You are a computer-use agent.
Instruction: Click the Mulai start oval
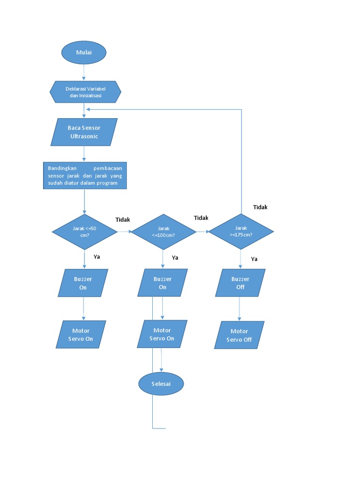84,52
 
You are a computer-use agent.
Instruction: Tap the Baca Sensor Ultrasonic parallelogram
84,132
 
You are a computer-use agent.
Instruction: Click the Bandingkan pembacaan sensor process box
85,176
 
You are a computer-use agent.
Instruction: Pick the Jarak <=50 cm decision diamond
84,232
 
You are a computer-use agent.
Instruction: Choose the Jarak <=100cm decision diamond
163,232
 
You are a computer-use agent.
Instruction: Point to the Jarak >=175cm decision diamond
241,232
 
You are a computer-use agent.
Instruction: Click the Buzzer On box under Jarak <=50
83,283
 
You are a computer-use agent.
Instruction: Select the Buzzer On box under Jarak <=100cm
163,283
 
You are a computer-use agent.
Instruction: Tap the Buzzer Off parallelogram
240,283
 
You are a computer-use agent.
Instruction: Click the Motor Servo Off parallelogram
240,335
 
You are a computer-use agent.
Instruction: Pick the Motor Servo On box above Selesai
162,334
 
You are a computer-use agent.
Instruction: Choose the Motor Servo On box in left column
83,335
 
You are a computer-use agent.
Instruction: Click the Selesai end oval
161,384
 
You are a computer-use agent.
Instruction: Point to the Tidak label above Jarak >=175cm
260,207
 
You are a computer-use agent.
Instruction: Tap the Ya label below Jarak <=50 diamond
97,256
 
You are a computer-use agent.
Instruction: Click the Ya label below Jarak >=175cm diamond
254,259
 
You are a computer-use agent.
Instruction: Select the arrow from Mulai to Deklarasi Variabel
84,73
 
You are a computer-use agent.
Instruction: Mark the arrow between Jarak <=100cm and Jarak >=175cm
202,232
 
